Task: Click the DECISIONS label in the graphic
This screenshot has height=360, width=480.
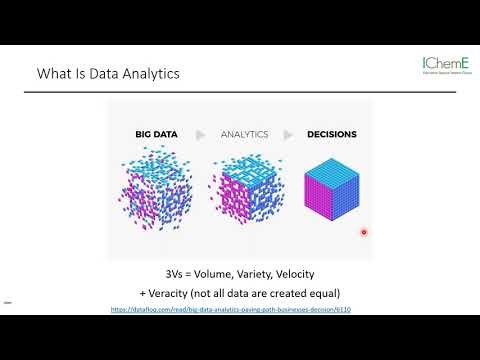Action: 330,133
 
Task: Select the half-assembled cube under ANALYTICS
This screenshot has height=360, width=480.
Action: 246,195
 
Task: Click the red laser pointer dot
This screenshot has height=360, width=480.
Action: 364,232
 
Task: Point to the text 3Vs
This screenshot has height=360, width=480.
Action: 173,273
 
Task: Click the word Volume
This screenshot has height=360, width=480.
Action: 220,273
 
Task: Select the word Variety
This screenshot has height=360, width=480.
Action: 270,273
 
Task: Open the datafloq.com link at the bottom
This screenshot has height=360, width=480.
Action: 245,310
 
